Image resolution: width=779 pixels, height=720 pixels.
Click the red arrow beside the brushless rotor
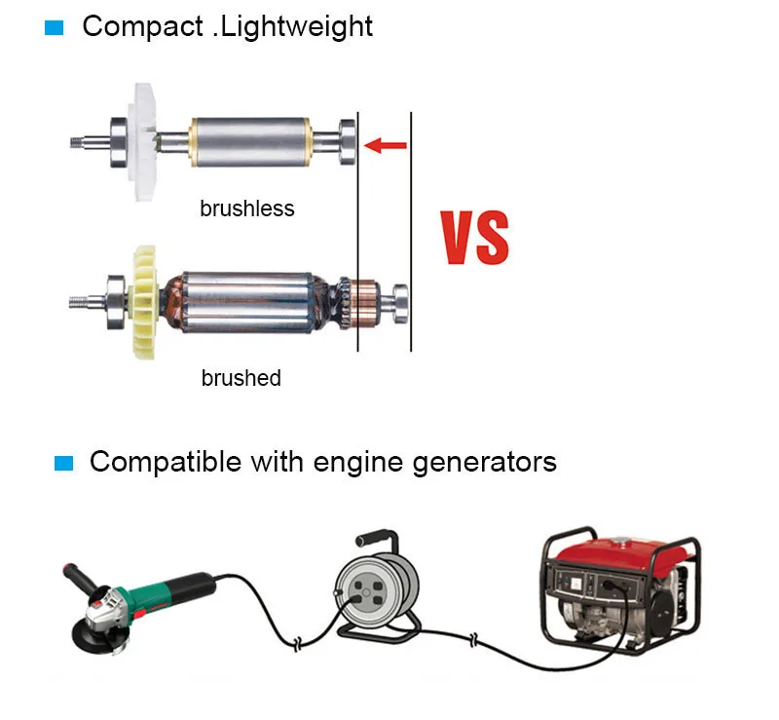[386, 146]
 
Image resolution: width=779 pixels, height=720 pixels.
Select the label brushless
[246, 208]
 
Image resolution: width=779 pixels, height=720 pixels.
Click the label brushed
[241, 378]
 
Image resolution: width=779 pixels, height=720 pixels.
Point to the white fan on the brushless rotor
[143, 139]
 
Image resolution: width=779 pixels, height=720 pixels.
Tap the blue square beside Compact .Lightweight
[55, 27]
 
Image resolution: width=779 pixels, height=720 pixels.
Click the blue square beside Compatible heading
[64, 462]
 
